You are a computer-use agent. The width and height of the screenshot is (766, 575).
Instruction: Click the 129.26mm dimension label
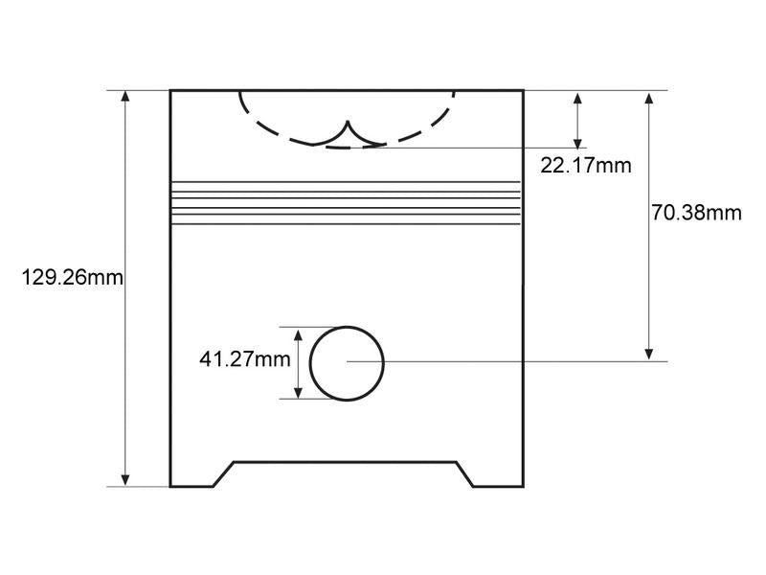(73, 278)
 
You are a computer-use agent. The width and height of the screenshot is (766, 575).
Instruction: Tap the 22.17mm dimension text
(586, 165)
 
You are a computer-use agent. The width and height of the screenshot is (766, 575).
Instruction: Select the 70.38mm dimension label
(696, 213)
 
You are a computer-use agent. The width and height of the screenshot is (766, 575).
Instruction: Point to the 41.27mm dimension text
(245, 359)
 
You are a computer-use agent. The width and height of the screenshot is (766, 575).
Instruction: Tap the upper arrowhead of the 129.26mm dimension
(125, 96)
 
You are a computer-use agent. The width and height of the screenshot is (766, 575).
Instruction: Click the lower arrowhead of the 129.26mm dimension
(125, 480)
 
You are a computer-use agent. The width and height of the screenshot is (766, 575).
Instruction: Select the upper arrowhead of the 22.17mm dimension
(577, 99)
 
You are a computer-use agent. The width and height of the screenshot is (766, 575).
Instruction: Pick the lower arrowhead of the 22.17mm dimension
(577, 142)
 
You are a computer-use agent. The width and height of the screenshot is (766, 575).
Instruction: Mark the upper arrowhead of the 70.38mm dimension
(649, 99)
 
